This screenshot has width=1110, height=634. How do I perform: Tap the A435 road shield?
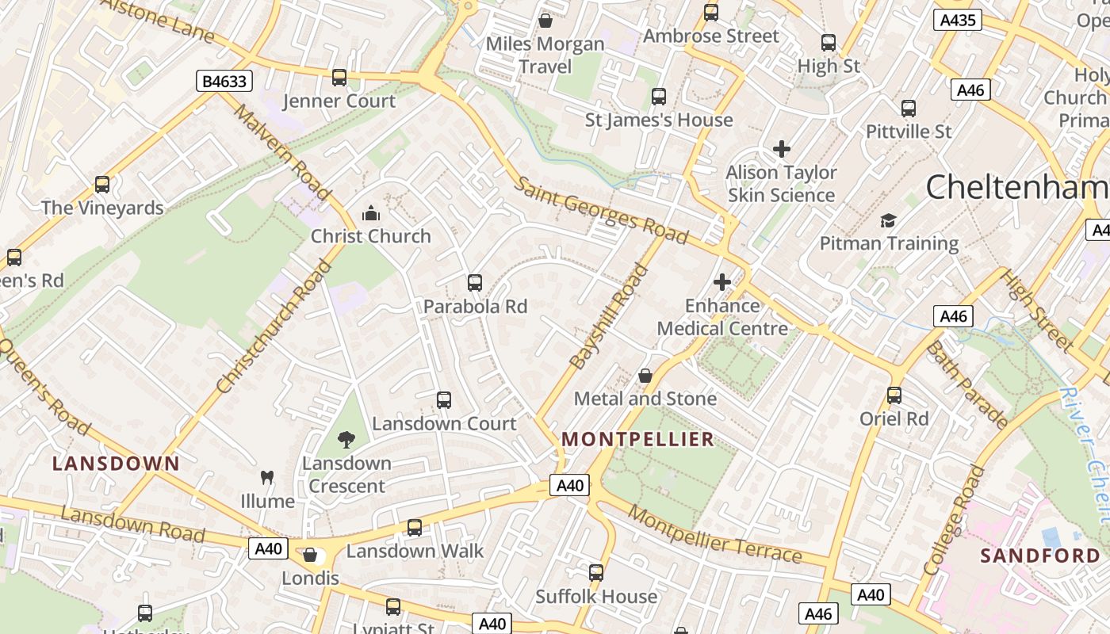(957, 21)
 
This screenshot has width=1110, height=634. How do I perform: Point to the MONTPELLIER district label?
(638, 439)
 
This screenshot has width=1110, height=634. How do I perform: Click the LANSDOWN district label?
(116, 464)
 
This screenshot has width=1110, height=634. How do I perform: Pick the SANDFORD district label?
(1040, 556)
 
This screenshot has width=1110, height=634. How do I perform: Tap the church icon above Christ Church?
(370, 213)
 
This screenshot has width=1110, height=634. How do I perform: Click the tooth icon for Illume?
(267, 478)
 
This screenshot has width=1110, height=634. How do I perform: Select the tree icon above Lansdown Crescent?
(346, 440)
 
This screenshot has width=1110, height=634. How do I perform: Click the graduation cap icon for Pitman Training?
(888, 220)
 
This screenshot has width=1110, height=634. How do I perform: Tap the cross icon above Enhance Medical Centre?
(722, 282)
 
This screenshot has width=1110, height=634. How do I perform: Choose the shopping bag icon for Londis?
(310, 555)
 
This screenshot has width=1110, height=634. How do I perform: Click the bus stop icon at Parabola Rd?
(475, 283)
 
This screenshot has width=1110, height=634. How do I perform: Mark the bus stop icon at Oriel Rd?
(894, 395)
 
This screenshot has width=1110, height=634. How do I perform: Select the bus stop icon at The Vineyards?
(102, 185)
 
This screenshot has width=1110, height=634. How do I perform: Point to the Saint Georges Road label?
(601, 210)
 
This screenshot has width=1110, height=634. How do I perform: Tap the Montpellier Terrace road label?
(714, 540)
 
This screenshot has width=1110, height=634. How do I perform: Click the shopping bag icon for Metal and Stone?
(645, 376)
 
